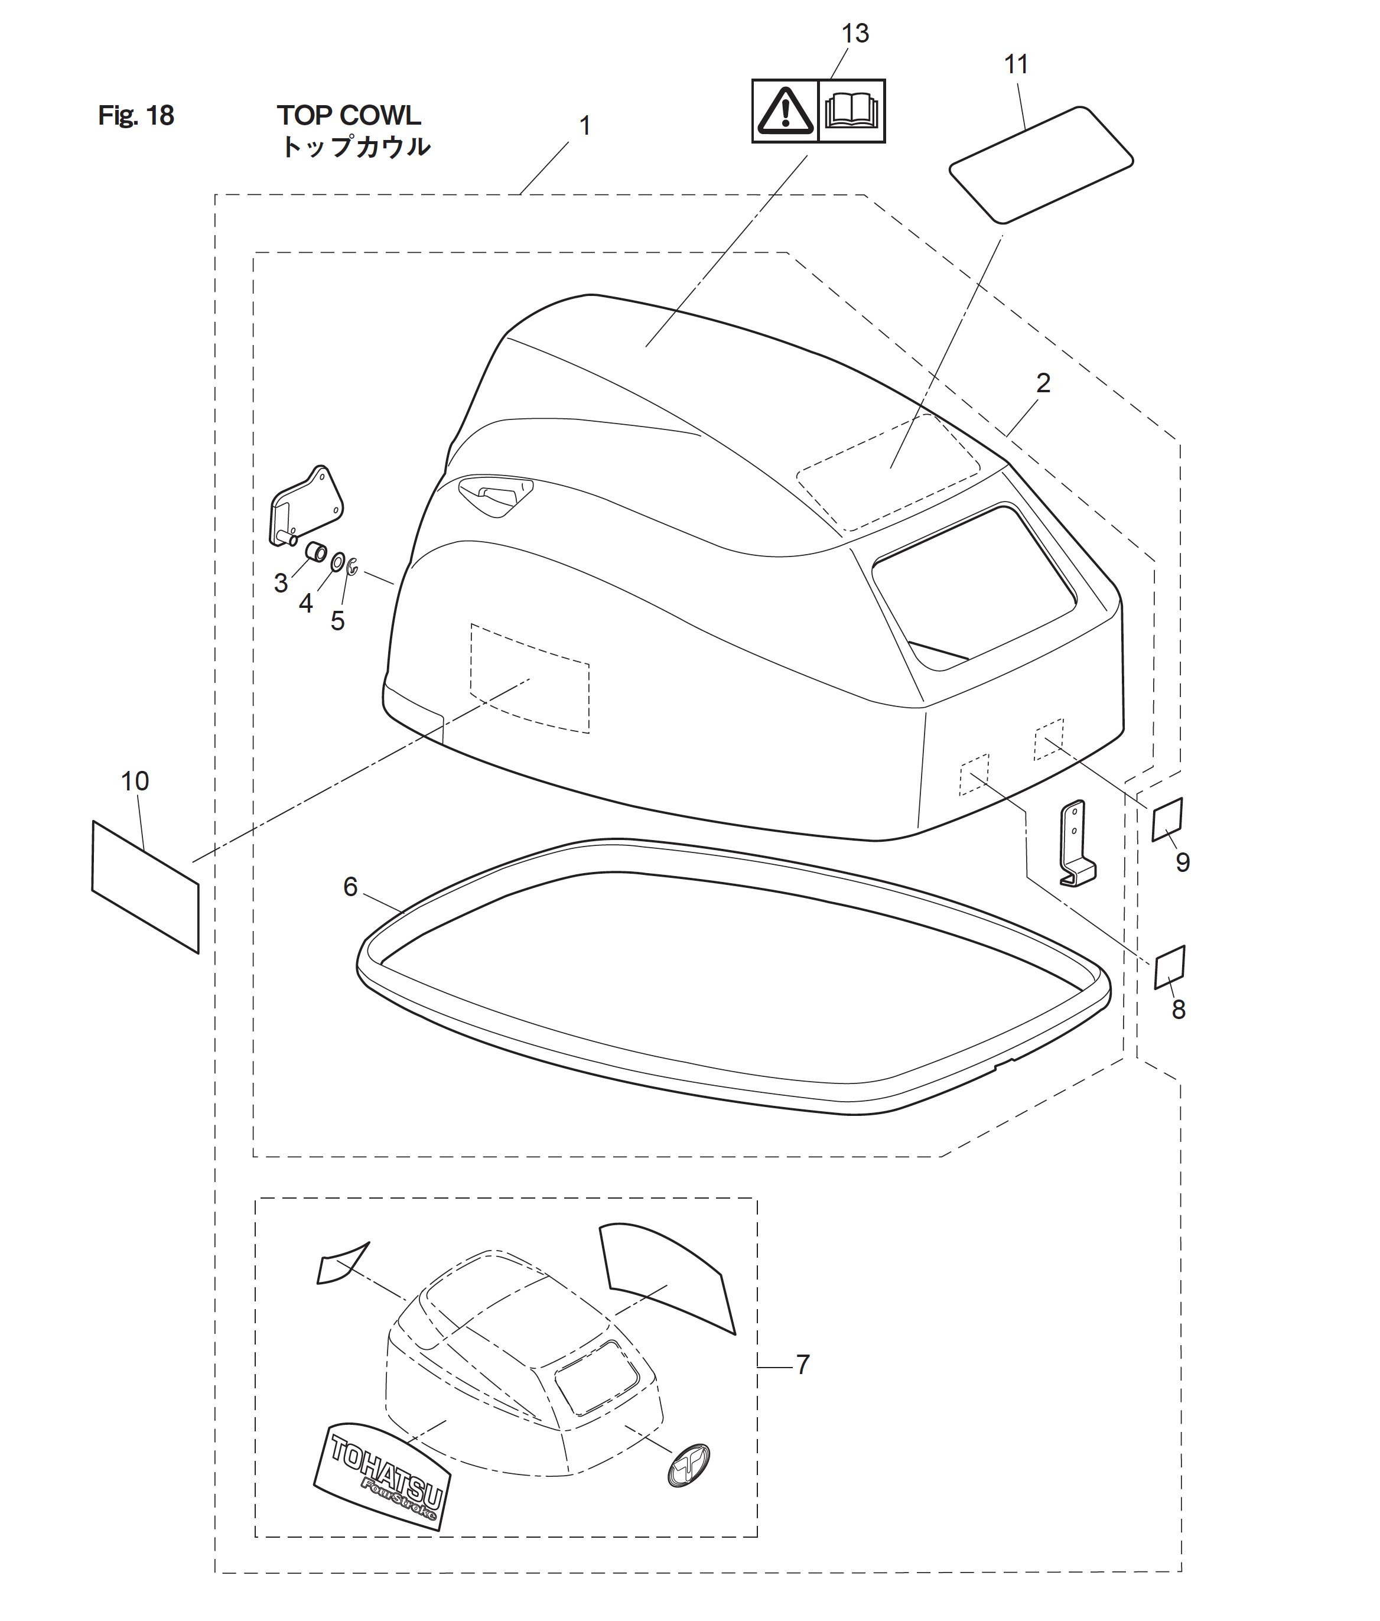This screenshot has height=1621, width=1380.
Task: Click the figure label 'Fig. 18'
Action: pyautogui.click(x=136, y=116)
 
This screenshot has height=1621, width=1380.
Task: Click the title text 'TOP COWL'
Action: pyautogui.click(x=349, y=116)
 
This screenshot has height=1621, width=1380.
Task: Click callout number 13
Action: pyautogui.click(x=855, y=34)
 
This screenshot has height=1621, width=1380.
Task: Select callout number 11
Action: pyautogui.click(x=1016, y=64)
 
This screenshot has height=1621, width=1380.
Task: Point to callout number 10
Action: pyautogui.click(x=135, y=781)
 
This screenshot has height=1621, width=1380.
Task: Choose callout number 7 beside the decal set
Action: pyautogui.click(x=803, y=1365)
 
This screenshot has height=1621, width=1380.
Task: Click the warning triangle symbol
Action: pyautogui.click(x=785, y=111)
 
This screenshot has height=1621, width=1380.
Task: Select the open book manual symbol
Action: pyautogui.click(x=851, y=110)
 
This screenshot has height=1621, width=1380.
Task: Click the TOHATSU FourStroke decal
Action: pyautogui.click(x=381, y=1476)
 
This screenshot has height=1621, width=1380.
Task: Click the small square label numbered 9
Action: pyautogui.click(x=1167, y=819)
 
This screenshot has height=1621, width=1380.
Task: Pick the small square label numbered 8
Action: pyautogui.click(x=1170, y=967)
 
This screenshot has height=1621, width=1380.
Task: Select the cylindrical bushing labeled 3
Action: pyautogui.click(x=316, y=552)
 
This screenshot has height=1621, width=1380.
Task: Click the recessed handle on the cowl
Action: pyautogui.click(x=495, y=494)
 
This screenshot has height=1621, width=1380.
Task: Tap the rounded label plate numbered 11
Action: pyautogui.click(x=1041, y=165)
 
